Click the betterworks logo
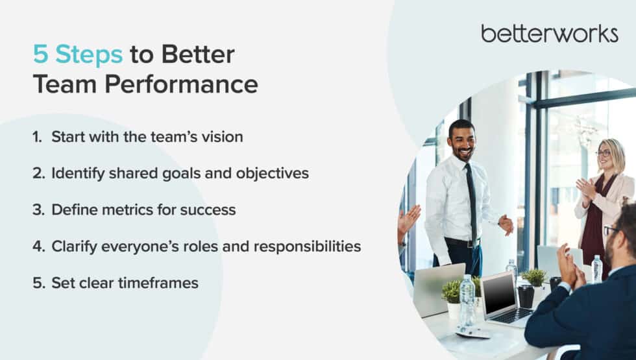click(x=550, y=34)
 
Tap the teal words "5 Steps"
click(x=77, y=54)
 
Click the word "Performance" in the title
click(x=181, y=84)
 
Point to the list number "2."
click(x=39, y=173)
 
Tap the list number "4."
click(x=39, y=246)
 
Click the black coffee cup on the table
click(x=526, y=296)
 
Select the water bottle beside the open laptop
click(x=467, y=300)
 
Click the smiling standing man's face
click(x=462, y=141)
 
